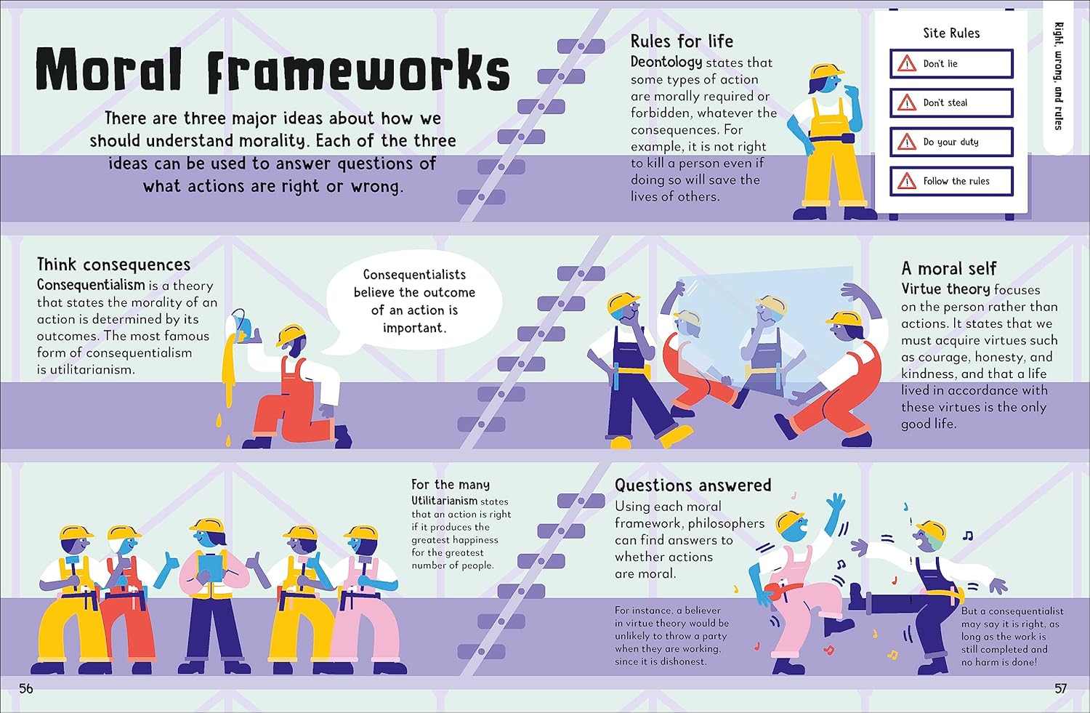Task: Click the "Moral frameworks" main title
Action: [x=272, y=70]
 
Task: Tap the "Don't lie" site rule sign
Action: [x=951, y=64]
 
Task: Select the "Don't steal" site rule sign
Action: [x=951, y=103]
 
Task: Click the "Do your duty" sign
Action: [x=951, y=142]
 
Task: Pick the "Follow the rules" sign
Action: [x=951, y=182]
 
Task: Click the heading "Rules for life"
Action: [x=682, y=41]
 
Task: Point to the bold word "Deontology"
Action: [x=666, y=63]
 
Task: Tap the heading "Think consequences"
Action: [x=113, y=265]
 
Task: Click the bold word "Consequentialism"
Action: [x=91, y=285]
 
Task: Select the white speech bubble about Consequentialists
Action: [x=414, y=302]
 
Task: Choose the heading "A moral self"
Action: [x=948, y=269]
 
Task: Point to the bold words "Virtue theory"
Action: [x=945, y=289]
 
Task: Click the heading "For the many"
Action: [x=451, y=485]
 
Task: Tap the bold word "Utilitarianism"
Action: [x=444, y=501]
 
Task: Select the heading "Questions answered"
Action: [x=693, y=486]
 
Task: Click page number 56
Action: [x=26, y=688]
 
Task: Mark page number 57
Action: [x=1060, y=688]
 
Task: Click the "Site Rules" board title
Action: [x=951, y=33]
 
